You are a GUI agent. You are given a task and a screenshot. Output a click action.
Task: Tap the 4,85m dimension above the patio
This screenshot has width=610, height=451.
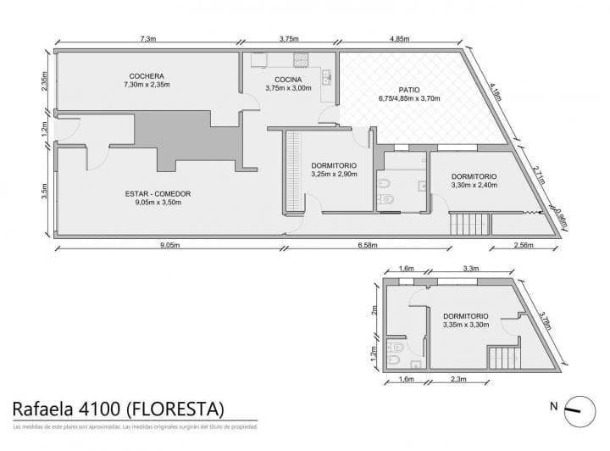(401, 39)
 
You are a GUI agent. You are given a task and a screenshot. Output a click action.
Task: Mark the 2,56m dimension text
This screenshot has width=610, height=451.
(524, 245)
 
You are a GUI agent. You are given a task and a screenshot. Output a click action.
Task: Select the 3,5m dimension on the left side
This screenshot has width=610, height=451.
(45, 192)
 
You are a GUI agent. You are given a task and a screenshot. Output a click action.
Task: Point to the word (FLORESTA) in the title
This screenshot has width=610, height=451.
(175, 409)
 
